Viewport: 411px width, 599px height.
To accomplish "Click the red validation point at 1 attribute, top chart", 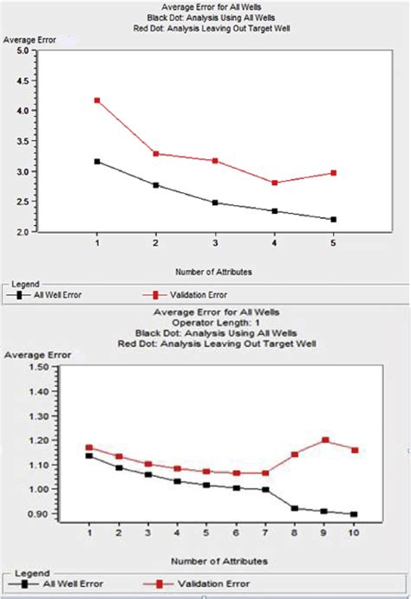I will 97,100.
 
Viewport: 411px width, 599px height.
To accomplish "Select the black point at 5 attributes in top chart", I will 333,220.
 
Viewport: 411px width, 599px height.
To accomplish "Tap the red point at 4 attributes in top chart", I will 274,183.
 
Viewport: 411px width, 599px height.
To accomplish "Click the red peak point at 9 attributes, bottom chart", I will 325,440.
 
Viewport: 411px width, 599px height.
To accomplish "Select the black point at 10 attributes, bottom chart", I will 355,514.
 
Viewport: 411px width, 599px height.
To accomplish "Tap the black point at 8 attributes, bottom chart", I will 296,508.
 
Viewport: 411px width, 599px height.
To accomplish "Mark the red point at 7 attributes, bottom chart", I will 266,473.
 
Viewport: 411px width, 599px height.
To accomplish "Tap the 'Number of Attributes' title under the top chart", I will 212,272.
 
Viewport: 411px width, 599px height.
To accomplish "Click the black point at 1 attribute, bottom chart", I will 89,455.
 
